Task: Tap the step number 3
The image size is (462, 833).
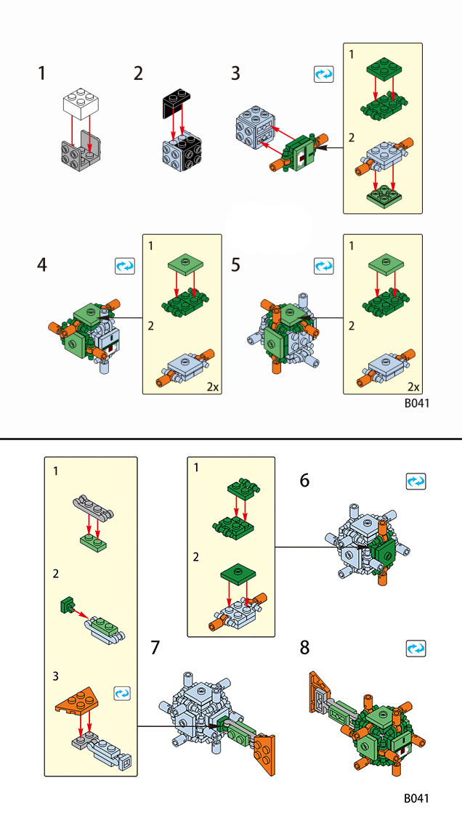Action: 235,73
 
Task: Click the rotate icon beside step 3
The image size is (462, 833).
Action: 323,74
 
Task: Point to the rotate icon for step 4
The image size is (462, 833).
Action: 125,267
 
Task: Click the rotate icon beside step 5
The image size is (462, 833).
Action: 323,267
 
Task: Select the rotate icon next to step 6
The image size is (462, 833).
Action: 416,481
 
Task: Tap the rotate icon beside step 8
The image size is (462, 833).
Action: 416,648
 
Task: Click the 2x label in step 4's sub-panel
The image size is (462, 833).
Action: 211,386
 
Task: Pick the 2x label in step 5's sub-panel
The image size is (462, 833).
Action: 413,386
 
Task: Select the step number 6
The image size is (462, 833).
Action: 304,481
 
